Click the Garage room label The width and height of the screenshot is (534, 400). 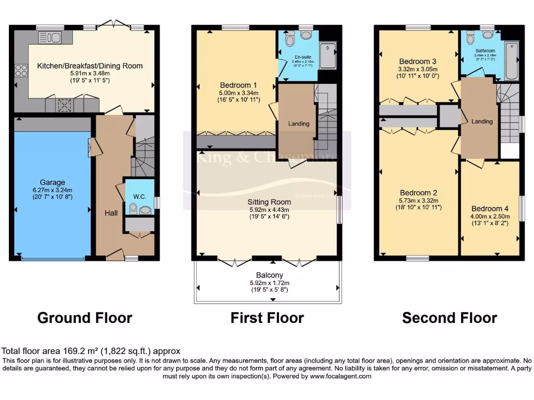tap(53, 182)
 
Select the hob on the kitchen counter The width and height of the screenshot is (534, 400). tap(21, 70)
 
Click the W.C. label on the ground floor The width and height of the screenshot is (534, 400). tap(139, 196)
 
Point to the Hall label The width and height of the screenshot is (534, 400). tap(110, 213)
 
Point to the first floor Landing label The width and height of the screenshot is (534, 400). tap(298, 123)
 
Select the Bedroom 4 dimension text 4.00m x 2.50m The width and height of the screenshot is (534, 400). tap(490, 216)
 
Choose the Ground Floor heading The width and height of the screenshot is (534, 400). tap(84, 318)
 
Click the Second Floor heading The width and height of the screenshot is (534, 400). tap(450, 318)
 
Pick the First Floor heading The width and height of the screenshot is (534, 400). tap(267, 318)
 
